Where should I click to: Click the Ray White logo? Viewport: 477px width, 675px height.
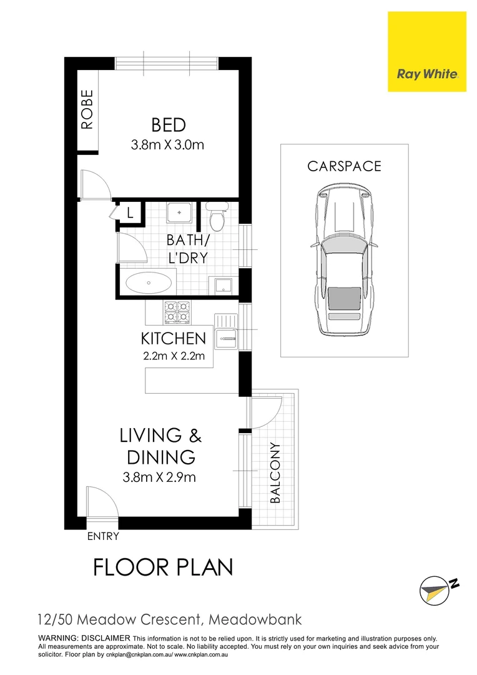click(427, 74)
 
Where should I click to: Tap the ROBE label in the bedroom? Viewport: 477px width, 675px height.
click(87, 110)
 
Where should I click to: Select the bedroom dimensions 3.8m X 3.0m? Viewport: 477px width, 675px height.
click(168, 146)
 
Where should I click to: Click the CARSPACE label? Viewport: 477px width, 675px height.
click(344, 166)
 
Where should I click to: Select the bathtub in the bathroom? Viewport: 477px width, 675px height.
click(149, 282)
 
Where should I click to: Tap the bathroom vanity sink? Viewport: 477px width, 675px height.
click(180, 213)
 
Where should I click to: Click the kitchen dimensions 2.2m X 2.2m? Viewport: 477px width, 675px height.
click(174, 358)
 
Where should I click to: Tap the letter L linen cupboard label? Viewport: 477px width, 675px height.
click(130, 212)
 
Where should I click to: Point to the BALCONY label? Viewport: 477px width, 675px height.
click(275, 473)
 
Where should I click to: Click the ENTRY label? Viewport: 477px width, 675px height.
click(103, 536)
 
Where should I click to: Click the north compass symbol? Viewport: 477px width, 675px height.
click(437, 589)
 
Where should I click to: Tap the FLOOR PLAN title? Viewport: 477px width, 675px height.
click(163, 567)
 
